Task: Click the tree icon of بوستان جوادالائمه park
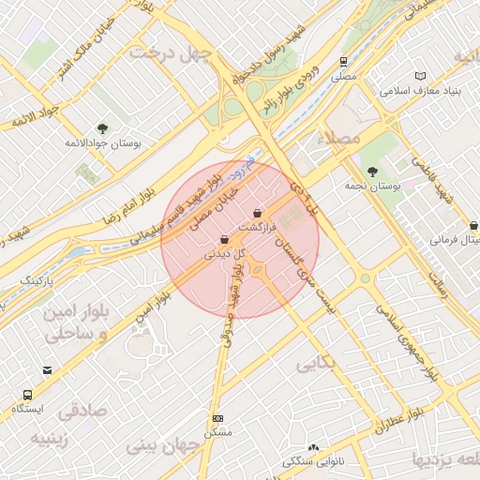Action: (102, 129)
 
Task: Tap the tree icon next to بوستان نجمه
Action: (373, 172)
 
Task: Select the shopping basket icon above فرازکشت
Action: (257, 214)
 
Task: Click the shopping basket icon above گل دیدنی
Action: (223, 239)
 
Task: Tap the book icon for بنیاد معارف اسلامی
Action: (420, 76)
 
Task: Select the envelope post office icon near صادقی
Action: (46, 371)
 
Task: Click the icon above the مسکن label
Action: (218, 418)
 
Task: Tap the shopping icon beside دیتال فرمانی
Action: (473, 226)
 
